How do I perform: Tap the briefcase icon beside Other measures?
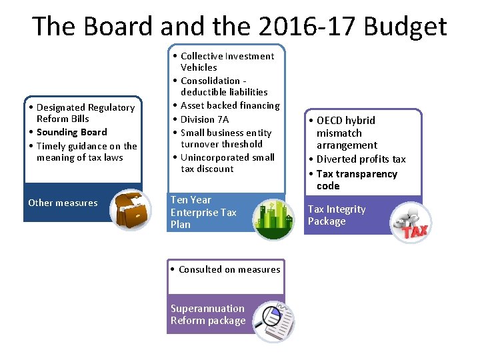tap(129, 209)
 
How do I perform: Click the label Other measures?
tap(63, 203)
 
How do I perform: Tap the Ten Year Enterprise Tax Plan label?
tap(203, 212)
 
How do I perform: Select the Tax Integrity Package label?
tap(336, 215)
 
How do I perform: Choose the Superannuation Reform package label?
tap(208, 315)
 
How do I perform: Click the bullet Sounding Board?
tap(71, 132)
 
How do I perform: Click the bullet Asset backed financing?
tap(230, 105)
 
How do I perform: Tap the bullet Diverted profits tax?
tap(361, 159)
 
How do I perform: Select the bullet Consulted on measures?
tap(229, 269)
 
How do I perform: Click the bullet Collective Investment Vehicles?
tap(227, 61)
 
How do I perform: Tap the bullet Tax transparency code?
tap(356, 180)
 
